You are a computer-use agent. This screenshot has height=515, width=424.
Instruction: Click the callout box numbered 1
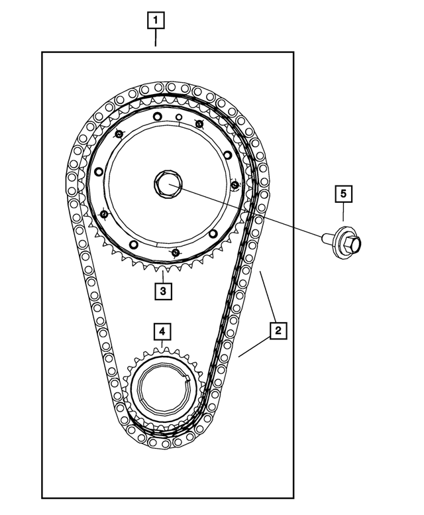click(155, 21)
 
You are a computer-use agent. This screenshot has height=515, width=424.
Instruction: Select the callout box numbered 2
click(278, 329)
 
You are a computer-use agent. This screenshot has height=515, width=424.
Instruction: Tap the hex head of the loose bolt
click(354, 243)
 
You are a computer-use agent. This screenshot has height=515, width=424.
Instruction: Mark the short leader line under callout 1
click(155, 38)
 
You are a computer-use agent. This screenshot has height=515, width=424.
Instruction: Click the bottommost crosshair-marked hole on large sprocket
click(175, 252)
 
